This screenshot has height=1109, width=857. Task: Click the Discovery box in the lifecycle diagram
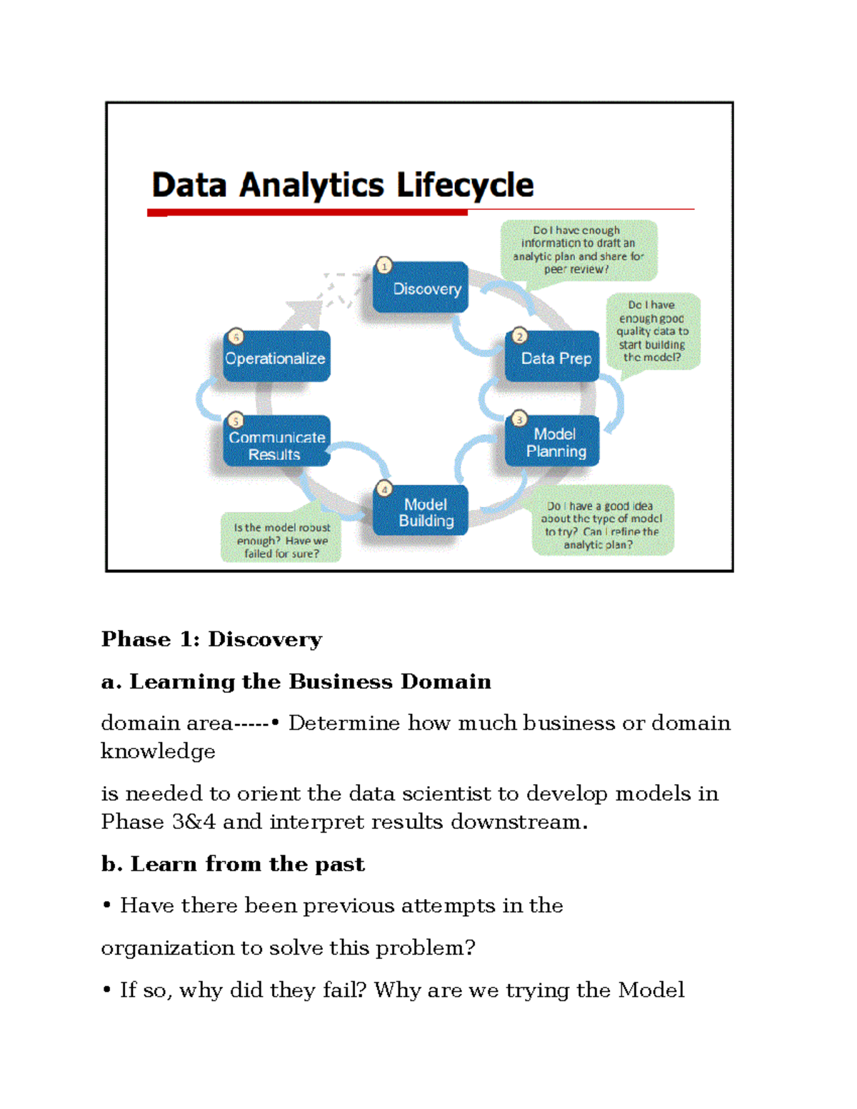421,288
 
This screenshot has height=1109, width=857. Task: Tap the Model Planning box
553,442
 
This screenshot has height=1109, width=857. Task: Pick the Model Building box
421,512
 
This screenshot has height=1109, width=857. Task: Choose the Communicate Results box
277,444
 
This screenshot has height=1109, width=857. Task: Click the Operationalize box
276,358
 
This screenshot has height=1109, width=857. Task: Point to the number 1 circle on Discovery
384,266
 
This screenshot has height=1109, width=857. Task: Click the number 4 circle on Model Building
385,489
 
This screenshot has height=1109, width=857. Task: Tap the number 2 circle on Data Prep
519,336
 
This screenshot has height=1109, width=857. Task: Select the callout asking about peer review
578,249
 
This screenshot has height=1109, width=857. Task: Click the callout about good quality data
653,331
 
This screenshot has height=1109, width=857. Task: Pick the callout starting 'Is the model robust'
281,540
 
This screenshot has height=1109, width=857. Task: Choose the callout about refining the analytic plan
602,524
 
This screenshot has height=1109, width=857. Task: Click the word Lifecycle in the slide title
465,185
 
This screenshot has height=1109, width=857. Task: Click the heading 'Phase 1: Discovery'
211,639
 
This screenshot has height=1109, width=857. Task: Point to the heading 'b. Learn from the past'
233,864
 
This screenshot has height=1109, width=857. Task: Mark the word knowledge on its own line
158,751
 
